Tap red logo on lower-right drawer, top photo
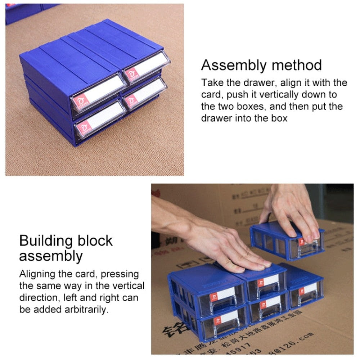pos(131,99)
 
